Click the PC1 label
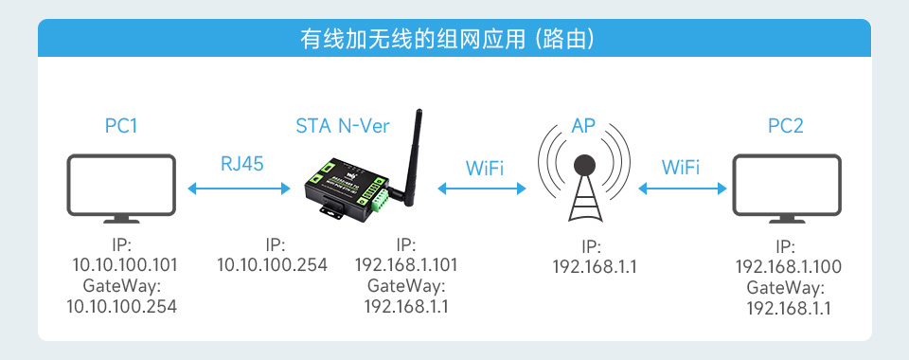tap(121, 125)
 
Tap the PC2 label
tap(786, 125)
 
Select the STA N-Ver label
tap(342, 125)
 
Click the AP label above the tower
tap(583, 125)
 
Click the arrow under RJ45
tap(240, 189)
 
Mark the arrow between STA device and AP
tap(483, 189)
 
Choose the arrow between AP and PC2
tap(682, 189)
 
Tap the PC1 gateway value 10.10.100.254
tap(121, 305)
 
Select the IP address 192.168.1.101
tap(406, 264)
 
